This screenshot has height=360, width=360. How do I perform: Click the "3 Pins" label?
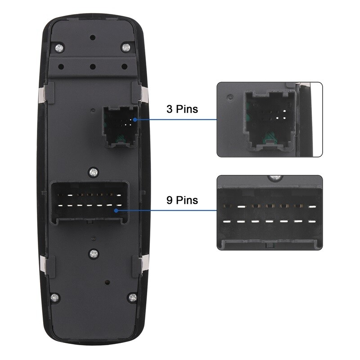(182, 109)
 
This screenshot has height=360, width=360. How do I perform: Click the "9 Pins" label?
(182, 200)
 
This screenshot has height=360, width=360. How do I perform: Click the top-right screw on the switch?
(127, 47)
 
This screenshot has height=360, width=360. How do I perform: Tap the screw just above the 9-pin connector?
(93, 171)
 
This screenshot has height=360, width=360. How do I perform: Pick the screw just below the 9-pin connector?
(93, 253)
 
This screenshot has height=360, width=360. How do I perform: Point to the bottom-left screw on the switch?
(54, 297)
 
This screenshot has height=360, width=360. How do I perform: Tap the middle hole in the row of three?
(93, 67)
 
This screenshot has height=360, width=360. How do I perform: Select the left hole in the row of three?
(61, 67)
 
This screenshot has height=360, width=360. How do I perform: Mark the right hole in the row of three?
(124, 67)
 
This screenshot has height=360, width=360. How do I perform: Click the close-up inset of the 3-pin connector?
(270, 119)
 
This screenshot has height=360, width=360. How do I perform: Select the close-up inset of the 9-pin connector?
(270, 212)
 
